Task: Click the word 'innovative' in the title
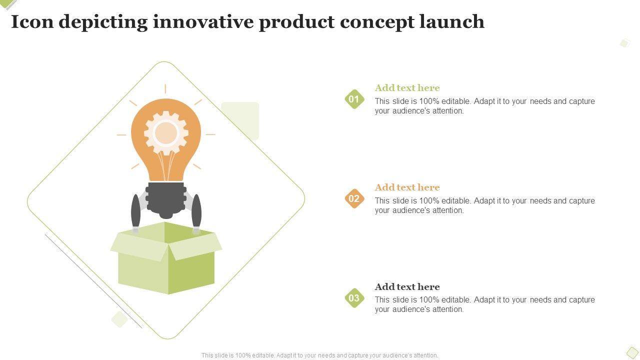(203, 22)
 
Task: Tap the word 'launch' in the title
(452, 21)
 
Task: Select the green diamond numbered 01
(354, 99)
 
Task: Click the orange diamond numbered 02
(354, 198)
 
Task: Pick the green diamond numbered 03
(354, 298)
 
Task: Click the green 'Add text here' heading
(407, 87)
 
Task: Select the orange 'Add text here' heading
(407, 187)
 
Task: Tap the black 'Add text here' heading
(407, 287)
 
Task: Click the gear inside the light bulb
(166, 133)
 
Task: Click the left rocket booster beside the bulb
(135, 213)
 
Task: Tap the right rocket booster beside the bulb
(196, 213)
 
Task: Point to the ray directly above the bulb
(165, 89)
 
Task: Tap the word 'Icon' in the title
(32, 21)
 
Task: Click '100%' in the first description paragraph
(429, 101)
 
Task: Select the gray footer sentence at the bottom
(319, 355)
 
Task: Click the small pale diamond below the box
(119, 319)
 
